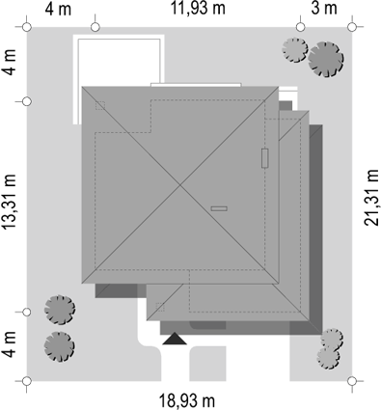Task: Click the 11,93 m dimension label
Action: [x=198, y=9]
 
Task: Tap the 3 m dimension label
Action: [x=324, y=9]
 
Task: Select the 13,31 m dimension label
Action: [x=10, y=202]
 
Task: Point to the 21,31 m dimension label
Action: [x=371, y=198]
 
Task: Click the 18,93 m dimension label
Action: [x=187, y=401]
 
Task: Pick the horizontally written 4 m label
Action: [x=58, y=9]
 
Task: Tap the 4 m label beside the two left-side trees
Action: [x=10, y=344]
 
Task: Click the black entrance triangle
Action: [x=175, y=339]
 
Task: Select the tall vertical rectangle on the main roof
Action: [x=265, y=158]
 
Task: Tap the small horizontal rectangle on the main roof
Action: [x=219, y=208]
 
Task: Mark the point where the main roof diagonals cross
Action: [x=180, y=185]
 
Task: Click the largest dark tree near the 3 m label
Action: [x=326, y=60]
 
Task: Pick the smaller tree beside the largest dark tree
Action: [x=295, y=50]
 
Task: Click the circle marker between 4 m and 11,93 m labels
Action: [x=95, y=27]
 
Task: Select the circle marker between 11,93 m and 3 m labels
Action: [x=300, y=27]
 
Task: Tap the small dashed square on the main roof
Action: [x=100, y=105]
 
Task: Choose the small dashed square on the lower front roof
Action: [x=160, y=307]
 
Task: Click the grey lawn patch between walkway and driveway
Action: [x=207, y=364]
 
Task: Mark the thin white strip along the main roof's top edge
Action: [x=196, y=85]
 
